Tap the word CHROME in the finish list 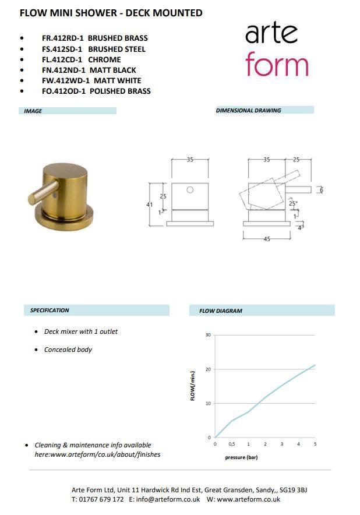104,59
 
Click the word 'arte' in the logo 272,33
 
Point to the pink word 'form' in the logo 276,64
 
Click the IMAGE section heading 33,111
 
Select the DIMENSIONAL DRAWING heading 248,110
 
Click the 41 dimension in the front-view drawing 149,204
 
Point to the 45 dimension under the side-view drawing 267,239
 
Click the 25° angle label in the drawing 292,204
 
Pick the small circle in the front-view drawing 190,190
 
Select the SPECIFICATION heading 50,311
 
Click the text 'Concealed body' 68,350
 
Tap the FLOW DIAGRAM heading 221,311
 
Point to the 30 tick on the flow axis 208,335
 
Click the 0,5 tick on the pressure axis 232,445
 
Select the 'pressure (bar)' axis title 241,457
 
